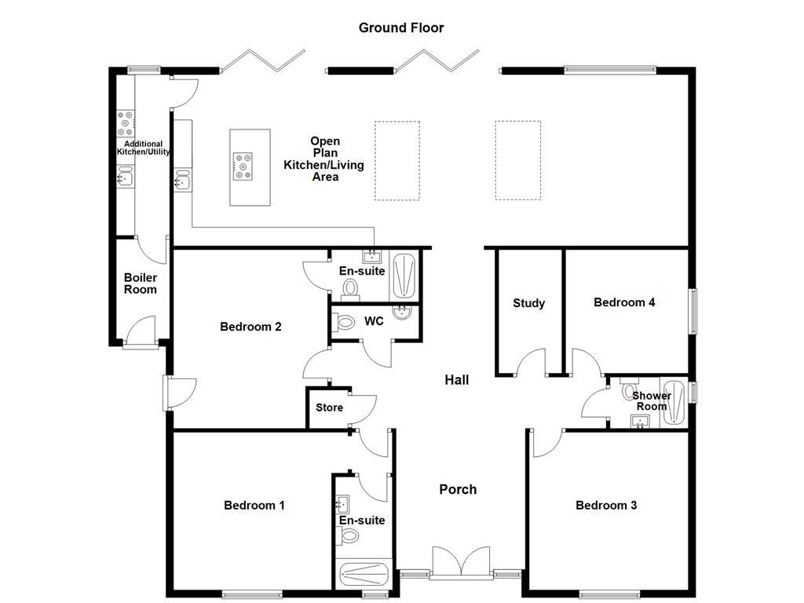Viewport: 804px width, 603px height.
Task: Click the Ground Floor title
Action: coord(401,27)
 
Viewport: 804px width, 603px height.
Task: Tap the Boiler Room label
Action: coord(140,283)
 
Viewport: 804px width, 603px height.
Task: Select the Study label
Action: coord(528,303)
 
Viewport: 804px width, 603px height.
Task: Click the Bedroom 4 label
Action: coord(624,302)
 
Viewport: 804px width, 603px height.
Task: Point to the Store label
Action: coord(330,407)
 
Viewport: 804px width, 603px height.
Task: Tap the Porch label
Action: coord(458,489)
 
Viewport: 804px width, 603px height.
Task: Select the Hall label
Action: coord(457,380)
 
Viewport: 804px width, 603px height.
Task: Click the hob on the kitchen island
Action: coord(243,166)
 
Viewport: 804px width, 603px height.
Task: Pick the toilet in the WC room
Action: coord(343,322)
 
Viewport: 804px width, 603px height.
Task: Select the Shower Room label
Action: coord(652,401)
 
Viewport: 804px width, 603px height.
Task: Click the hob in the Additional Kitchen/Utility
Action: coord(125,122)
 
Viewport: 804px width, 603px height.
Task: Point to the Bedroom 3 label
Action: coord(606,505)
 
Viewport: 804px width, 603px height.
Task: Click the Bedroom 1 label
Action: coord(254,505)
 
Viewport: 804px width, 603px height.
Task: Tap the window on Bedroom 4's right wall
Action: coord(693,312)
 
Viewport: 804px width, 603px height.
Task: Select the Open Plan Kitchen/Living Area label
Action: coord(324,159)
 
